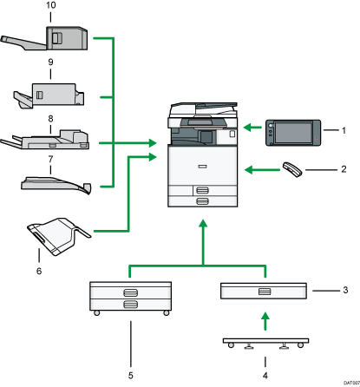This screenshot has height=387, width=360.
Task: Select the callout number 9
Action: pyautogui.click(x=50, y=62)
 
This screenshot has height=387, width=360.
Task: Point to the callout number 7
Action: pyautogui.click(x=50, y=160)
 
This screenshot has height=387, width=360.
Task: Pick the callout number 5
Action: pyautogui.click(x=131, y=351)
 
